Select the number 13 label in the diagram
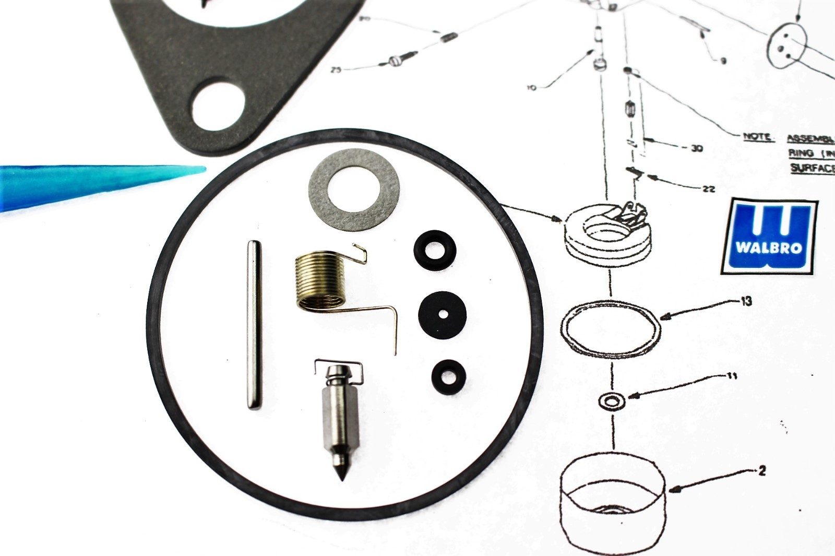[746, 301]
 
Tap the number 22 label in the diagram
[708, 189]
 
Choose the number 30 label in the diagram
[696, 149]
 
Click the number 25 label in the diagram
[336, 69]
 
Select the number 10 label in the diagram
[531, 88]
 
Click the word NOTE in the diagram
[757, 137]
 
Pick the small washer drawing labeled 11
[608, 403]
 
